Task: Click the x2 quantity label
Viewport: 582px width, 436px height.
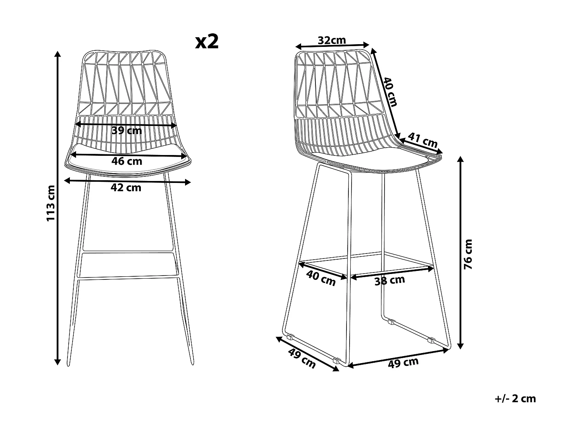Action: [x=207, y=42]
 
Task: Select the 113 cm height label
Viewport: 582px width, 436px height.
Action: [x=51, y=203]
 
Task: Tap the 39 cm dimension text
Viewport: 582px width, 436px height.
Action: [x=126, y=131]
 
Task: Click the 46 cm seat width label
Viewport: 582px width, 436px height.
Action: [x=126, y=161]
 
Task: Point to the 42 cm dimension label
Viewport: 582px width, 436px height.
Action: [x=126, y=188]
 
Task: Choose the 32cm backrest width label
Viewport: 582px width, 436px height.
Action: [x=331, y=40]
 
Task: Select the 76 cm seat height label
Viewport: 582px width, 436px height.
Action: [x=469, y=254]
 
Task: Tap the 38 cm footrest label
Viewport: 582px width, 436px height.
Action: [x=390, y=280]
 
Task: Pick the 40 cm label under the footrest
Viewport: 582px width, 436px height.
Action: [x=321, y=278]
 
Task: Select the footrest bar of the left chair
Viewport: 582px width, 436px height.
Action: [x=128, y=277]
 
